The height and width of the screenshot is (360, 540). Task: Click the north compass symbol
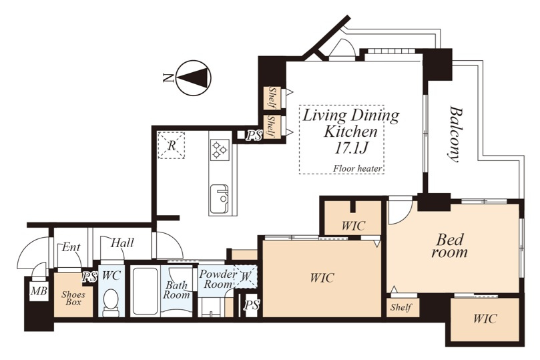click(193, 78)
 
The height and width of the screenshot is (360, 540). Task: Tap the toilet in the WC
click(111, 302)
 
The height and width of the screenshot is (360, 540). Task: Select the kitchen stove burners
click(220, 150)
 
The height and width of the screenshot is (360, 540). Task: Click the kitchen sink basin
click(220, 199)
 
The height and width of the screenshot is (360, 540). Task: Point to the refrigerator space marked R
click(171, 146)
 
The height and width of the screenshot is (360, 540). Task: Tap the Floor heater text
click(358, 169)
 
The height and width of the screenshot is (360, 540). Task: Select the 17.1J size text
click(351, 148)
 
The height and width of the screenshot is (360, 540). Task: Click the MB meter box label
click(39, 291)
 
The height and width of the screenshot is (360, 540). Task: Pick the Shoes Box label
click(73, 299)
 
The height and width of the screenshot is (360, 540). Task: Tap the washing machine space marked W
click(246, 276)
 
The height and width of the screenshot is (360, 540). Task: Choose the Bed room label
click(449, 246)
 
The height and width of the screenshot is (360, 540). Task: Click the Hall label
click(122, 243)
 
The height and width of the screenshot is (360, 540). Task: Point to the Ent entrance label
click(71, 247)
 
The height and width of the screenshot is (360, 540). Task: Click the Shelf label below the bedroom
click(401, 307)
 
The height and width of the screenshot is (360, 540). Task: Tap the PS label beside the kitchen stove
click(254, 136)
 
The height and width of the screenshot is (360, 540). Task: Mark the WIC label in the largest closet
click(322, 278)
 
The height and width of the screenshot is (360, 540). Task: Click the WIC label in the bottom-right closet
click(485, 319)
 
